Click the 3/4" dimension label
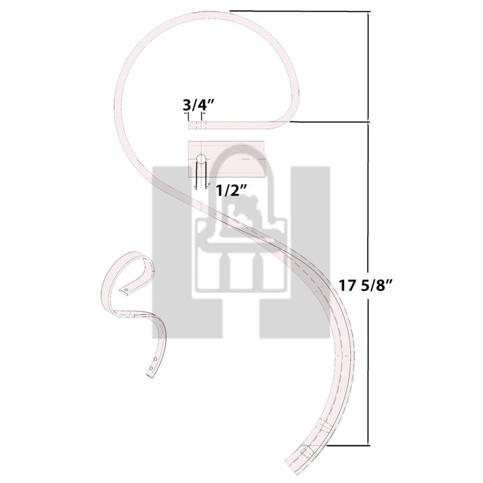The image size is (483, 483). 198,105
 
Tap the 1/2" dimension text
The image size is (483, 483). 231,191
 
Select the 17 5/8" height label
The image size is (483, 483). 365,285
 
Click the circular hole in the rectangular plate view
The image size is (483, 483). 201,159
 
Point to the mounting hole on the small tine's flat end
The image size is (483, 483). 126,290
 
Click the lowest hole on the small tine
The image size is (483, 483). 151,368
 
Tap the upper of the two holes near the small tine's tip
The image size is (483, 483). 155,359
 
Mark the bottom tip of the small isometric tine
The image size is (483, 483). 150,376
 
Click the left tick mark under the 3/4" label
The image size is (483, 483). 187,117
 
